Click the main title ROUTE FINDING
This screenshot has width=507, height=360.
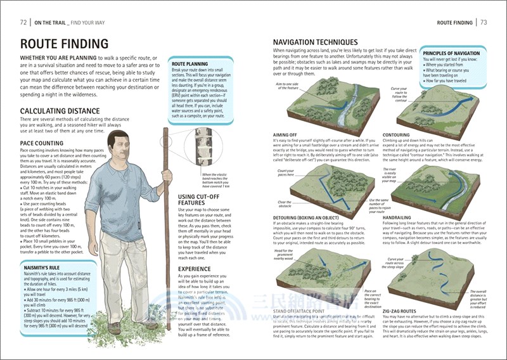pos(64,44)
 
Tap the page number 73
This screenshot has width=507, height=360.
pos(483,23)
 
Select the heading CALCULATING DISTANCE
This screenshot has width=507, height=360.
pos(60,110)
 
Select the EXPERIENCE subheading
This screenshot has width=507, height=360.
pos(197,268)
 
